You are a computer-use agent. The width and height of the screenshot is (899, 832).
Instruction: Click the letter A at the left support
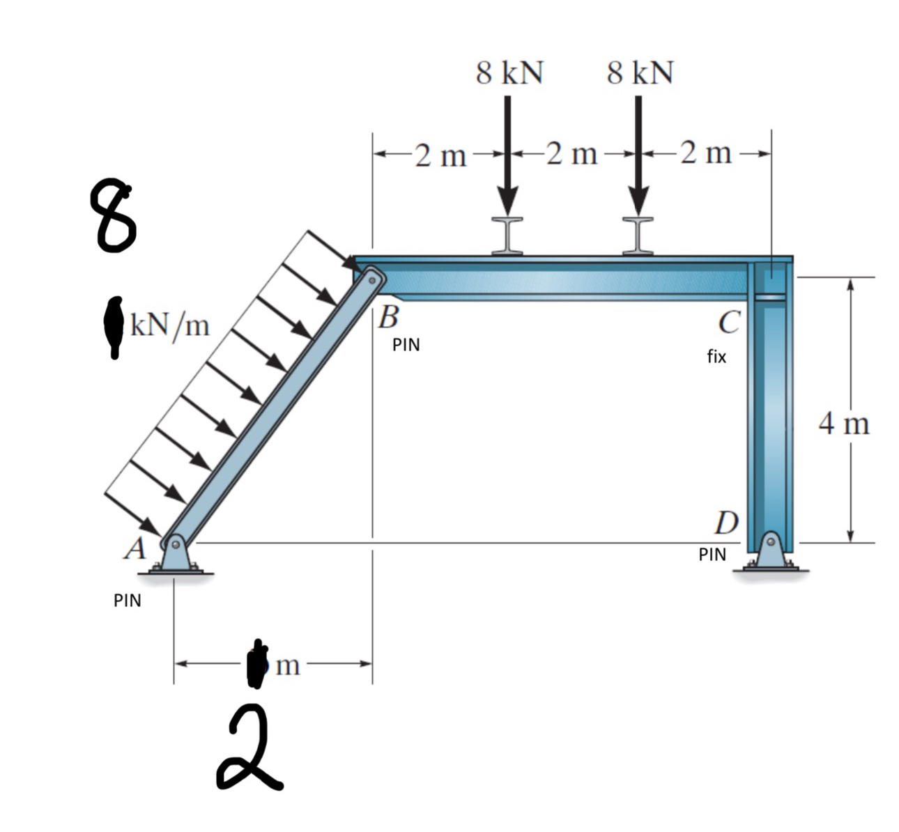pyautogui.click(x=135, y=548)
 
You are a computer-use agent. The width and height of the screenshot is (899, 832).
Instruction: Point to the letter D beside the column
pyautogui.click(x=727, y=523)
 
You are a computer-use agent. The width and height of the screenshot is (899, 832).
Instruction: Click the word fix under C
pyautogui.click(x=716, y=357)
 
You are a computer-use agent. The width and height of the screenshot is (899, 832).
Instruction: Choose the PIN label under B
pyautogui.click(x=406, y=345)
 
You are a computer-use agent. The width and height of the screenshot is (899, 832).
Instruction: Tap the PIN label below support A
pyautogui.click(x=128, y=601)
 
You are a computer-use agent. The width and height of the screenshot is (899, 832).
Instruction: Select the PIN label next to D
pyautogui.click(x=712, y=555)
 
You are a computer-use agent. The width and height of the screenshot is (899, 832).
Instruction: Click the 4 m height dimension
pyautogui.click(x=844, y=424)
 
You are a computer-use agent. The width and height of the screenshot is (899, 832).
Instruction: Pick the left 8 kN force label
pyautogui.click(x=509, y=72)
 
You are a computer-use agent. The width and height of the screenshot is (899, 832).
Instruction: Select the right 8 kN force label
pyautogui.click(x=640, y=72)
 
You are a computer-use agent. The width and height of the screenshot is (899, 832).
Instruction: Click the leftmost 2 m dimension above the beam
pyautogui.click(x=440, y=155)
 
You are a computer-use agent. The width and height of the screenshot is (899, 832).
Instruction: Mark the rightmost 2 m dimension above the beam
pyautogui.click(x=706, y=153)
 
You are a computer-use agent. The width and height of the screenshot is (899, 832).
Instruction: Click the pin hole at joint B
pyautogui.click(x=372, y=280)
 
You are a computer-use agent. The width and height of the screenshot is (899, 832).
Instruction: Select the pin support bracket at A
pyautogui.click(x=176, y=555)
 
